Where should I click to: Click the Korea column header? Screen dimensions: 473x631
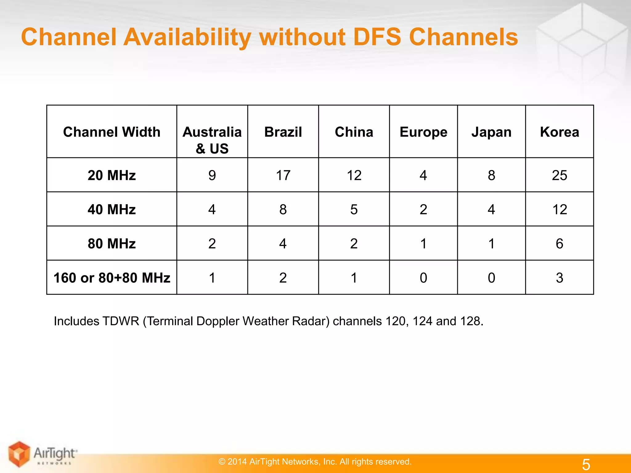click(560, 132)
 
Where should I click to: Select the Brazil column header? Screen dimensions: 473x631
click(283, 132)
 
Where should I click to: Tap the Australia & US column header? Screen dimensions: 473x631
click(212, 140)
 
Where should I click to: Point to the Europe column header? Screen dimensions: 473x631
click(423, 132)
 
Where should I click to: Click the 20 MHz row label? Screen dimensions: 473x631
click(112, 175)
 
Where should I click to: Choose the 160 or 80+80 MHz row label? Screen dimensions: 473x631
click(112, 278)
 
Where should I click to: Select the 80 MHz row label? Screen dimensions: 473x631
click(112, 244)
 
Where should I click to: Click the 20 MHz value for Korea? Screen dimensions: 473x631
click(560, 175)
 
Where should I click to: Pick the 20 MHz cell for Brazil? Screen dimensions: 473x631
click(283, 175)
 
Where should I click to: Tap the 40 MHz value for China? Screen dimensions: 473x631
click(354, 209)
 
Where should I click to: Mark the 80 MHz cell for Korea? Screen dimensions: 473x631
click(560, 244)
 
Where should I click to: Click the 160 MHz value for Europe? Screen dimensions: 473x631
click(423, 278)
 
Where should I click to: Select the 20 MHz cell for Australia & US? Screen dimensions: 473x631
click(212, 175)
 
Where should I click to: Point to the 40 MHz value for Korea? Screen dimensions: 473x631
click(560, 209)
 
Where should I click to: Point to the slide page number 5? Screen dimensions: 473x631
click(586, 464)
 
